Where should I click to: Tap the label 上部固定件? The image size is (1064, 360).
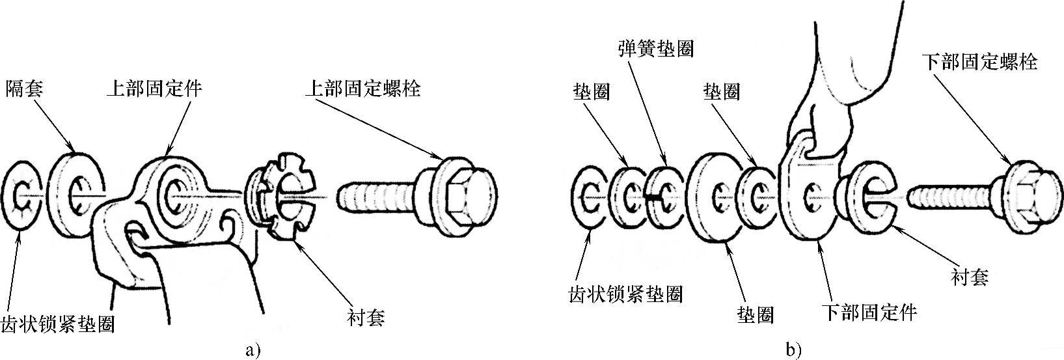[x=153, y=89]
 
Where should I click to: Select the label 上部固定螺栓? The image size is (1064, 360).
[x=362, y=89]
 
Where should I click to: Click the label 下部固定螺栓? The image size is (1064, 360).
[x=979, y=62]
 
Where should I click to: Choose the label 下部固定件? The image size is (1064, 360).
[x=869, y=312]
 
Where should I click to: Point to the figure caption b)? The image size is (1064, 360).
[x=793, y=350]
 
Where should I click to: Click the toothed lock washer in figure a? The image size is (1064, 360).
[x=23, y=194]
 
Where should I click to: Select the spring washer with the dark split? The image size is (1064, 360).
[x=663, y=195]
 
